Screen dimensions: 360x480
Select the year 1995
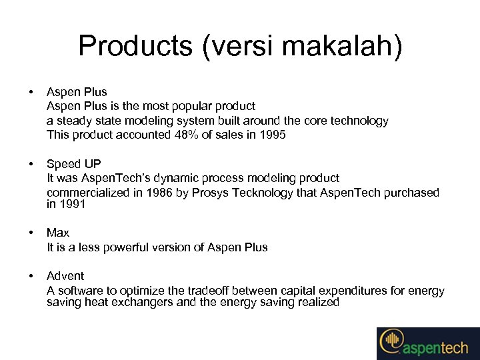click(272, 135)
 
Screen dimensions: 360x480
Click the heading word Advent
click(65, 276)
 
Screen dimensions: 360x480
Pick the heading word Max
click(58, 233)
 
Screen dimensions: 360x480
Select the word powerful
click(136, 247)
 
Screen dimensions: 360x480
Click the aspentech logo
click(427, 343)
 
